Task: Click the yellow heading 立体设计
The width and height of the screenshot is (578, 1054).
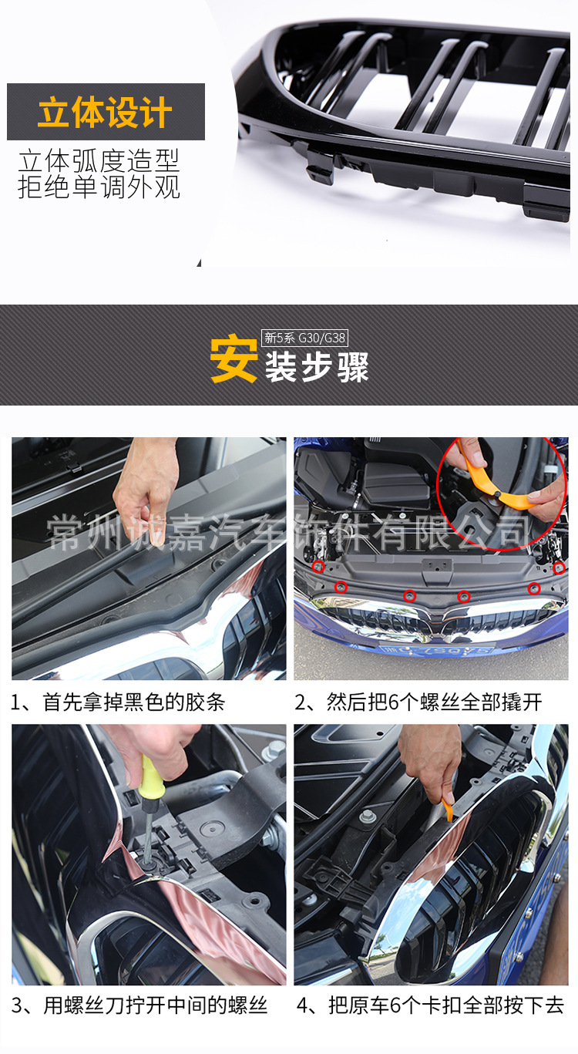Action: [105, 112]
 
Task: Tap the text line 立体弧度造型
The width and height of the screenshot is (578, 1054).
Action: [99, 161]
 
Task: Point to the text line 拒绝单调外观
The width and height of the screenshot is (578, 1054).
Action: [99, 187]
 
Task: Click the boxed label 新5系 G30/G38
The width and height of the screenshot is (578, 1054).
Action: [304, 338]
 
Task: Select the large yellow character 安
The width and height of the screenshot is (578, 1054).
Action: [234, 359]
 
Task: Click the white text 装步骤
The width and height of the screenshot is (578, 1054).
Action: [317, 367]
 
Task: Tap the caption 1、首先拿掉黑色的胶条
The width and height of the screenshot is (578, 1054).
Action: [118, 702]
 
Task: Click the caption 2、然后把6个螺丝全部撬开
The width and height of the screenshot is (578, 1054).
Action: [418, 702]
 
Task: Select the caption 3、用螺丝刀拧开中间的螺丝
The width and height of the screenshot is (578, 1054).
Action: [139, 1005]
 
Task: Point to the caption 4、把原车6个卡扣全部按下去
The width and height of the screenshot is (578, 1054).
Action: [430, 1005]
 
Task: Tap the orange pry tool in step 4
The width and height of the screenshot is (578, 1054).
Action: [448, 810]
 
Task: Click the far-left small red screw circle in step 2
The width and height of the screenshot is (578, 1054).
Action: [318, 567]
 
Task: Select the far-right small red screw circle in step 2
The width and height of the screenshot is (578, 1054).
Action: [559, 568]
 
